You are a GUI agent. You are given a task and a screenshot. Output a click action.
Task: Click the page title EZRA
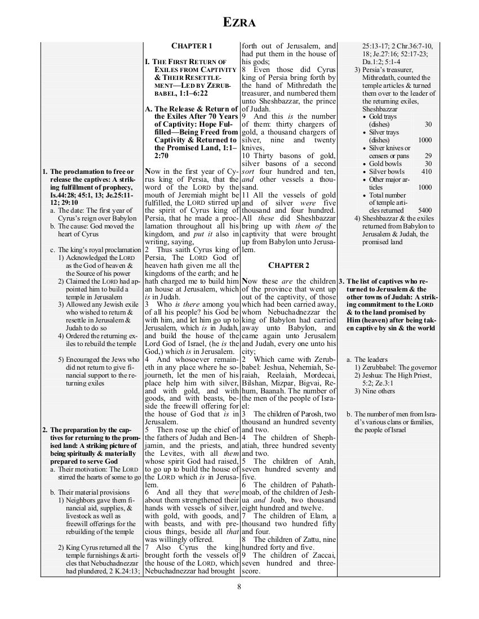[239, 23]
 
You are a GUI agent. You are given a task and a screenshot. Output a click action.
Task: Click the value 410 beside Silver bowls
[426, 171]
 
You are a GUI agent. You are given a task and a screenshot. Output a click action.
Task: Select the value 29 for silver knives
[428, 155]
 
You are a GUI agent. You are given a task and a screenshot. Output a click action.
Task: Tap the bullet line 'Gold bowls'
[389, 163]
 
